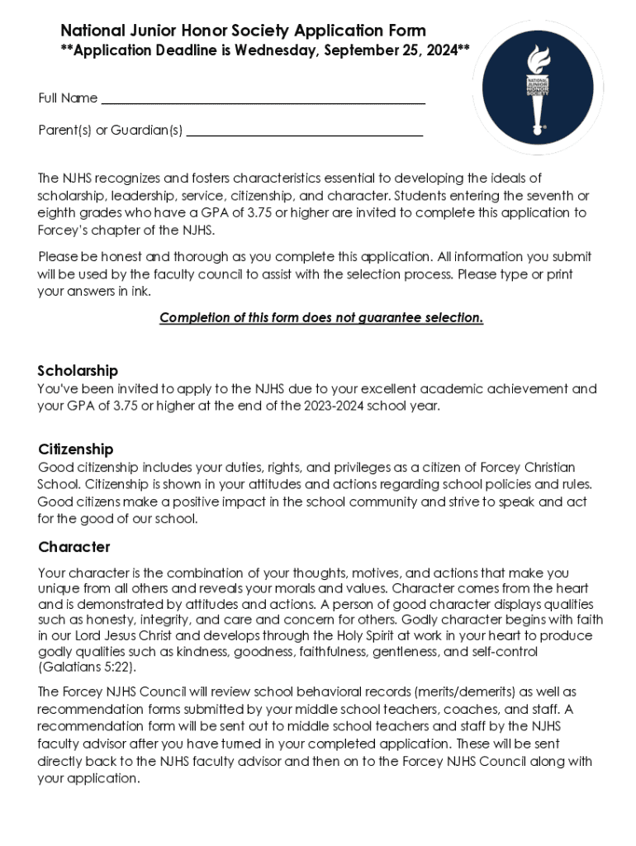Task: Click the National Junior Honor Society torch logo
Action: (538, 87)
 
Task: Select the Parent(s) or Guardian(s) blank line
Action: (304, 132)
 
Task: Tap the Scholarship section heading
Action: (78, 370)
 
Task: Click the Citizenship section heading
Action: (76, 449)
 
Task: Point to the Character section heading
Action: (74, 547)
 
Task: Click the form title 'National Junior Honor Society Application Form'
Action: (243, 31)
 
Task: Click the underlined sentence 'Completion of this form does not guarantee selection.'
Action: (321, 318)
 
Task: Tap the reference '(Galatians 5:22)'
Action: (87, 668)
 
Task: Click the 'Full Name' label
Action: (68, 98)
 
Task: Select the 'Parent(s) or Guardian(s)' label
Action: (111, 130)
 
